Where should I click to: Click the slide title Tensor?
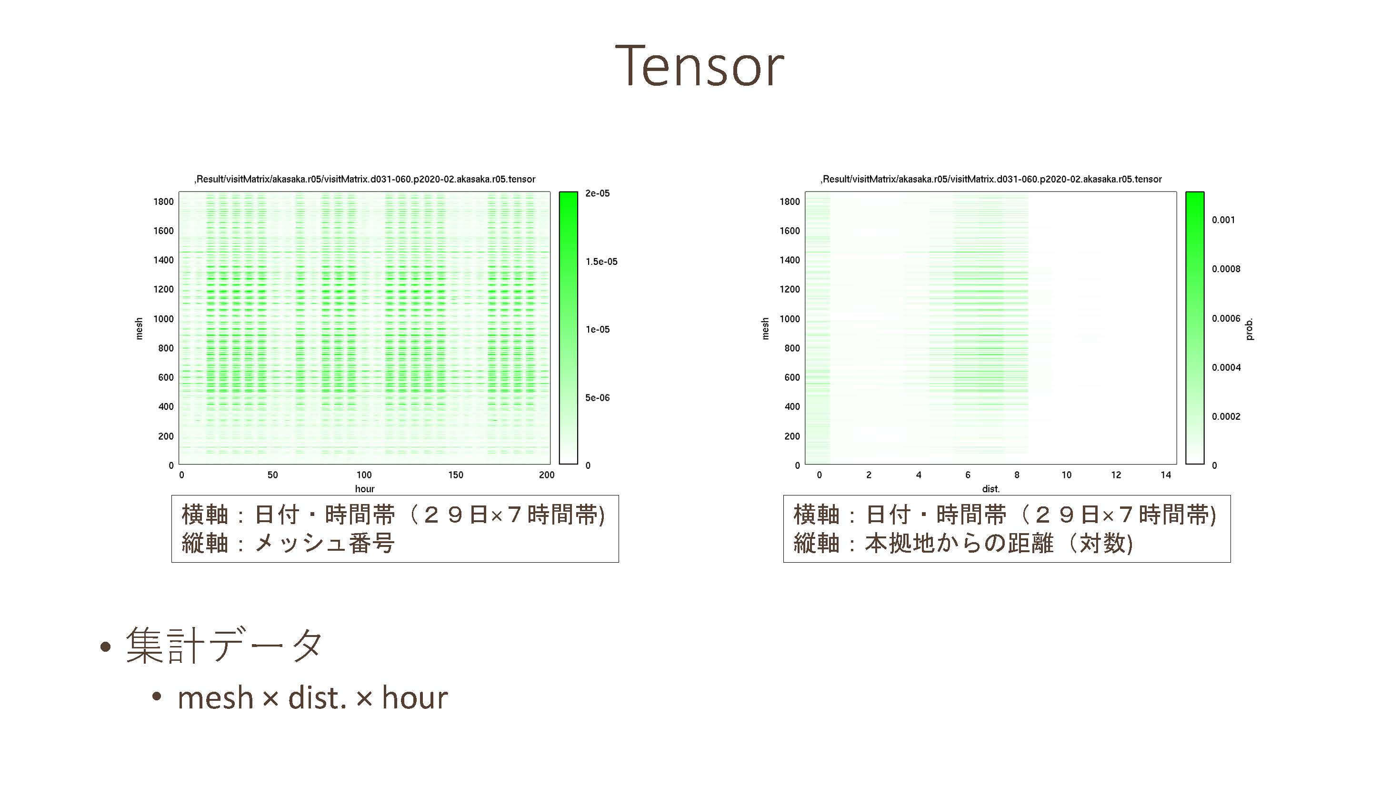[x=700, y=66]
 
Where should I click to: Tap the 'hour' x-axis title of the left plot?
[x=365, y=489]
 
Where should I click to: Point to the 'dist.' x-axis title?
[x=991, y=489]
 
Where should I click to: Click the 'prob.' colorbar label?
[x=1249, y=329]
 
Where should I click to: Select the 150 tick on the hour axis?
[x=455, y=475]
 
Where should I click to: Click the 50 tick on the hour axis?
[x=272, y=475]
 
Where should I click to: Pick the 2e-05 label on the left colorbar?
[x=597, y=193]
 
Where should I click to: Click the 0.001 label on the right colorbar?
[x=1223, y=220]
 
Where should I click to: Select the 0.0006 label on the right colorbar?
[x=1226, y=319]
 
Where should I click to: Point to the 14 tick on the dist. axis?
[x=1166, y=475]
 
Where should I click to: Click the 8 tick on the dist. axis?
[x=1017, y=475]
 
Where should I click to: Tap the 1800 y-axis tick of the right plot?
[x=790, y=202]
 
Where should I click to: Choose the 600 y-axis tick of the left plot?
[x=166, y=377]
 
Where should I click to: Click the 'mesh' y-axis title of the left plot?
[x=139, y=329]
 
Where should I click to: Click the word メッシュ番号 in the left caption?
[x=324, y=543]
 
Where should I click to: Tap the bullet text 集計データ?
[x=224, y=646]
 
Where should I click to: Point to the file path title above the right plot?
[x=991, y=179]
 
